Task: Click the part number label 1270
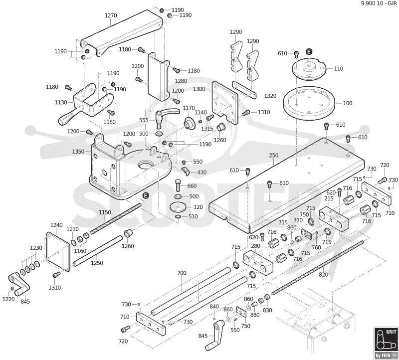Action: (x=111, y=15)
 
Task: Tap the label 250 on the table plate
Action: (x=273, y=155)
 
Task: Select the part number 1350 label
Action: (x=78, y=152)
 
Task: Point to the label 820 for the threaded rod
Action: (x=323, y=274)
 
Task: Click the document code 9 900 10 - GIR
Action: (x=379, y=3)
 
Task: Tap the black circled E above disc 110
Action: (x=309, y=52)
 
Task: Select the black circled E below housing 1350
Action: (x=146, y=195)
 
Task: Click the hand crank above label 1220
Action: (x=19, y=284)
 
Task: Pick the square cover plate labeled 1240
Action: (x=58, y=251)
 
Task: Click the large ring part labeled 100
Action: (x=309, y=102)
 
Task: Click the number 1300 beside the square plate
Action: (x=199, y=89)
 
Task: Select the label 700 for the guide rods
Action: (x=182, y=273)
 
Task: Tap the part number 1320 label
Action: (x=270, y=96)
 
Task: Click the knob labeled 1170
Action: (x=189, y=123)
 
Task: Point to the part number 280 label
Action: (x=255, y=246)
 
